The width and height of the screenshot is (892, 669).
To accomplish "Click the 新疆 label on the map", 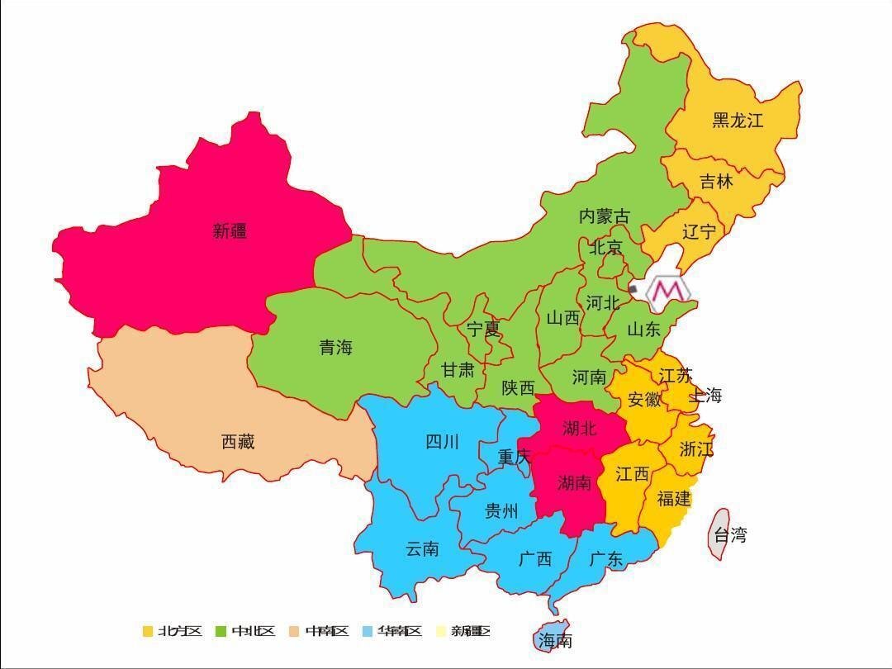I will [x=230, y=231].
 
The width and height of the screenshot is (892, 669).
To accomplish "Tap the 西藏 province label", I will [x=238, y=442].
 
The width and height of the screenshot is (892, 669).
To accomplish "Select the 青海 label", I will [x=336, y=348].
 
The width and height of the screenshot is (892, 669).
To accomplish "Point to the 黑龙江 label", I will [x=738, y=121].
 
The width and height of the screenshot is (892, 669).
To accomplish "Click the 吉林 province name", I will [x=716, y=182].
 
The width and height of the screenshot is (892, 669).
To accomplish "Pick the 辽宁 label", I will [x=699, y=231].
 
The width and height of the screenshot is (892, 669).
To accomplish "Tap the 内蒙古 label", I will [x=604, y=216].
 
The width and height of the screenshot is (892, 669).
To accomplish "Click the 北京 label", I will [x=605, y=247].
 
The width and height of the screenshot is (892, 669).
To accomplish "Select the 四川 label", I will [x=442, y=442].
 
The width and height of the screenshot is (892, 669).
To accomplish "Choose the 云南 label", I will [x=422, y=548].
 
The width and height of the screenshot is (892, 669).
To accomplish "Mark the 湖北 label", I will [x=579, y=428].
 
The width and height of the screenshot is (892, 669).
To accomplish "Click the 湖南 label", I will [x=574, y=482].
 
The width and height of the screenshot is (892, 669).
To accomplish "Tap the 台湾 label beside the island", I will [x=730, y=534].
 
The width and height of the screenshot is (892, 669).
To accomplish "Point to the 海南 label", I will [x=555, y=640].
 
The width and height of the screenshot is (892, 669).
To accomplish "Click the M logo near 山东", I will [x=668, y=291].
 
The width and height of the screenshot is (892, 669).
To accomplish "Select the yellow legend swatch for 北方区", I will [x=148, y=631].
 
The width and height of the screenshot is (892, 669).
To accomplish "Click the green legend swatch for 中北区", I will [x=221, y=631].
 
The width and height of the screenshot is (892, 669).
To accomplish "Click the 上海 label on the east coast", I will [x=705, y=396].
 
